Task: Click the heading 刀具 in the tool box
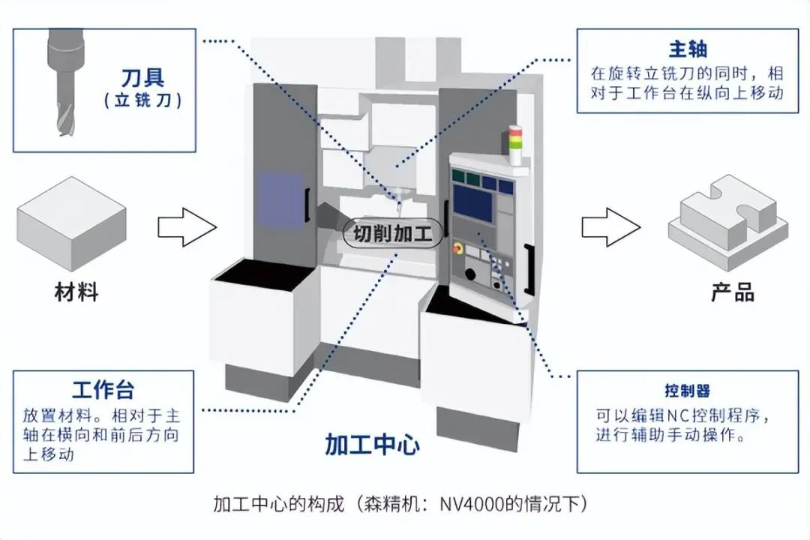point(142,76)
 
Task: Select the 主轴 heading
point(688,49)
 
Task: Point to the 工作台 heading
point(103,390)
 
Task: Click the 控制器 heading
point(688,391)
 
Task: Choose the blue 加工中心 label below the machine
point(372,444)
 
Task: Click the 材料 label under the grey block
point(76,292)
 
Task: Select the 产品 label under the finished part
point(733,292)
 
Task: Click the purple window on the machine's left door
point(276,199)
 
